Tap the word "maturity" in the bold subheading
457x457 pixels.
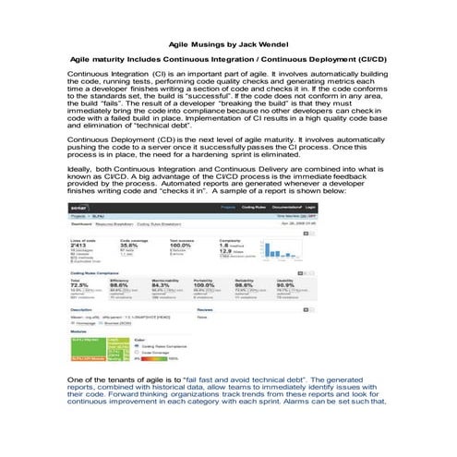(x=114, y=58)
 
